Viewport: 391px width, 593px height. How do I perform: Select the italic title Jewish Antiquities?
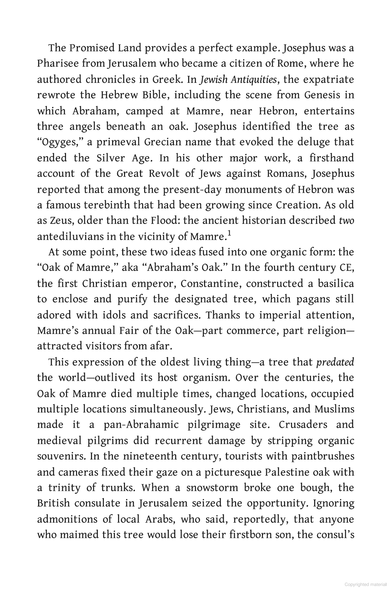[238, 79]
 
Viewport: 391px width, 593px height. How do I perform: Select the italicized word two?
[347, 221]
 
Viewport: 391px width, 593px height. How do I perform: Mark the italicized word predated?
[335, 362]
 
